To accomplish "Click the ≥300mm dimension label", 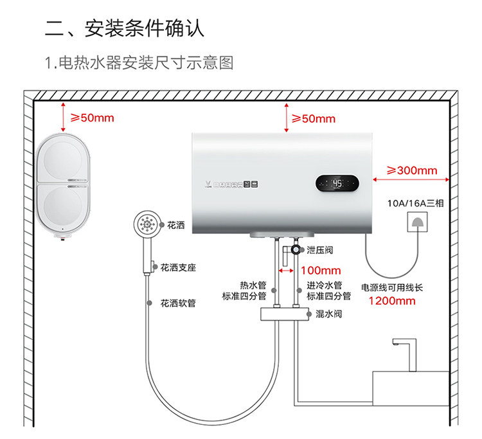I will tap(411, 170).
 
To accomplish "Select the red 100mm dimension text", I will tap(321, 271).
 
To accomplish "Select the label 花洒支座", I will tap(178, 266).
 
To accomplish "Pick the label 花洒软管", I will tap(178, 303).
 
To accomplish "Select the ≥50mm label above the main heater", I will tap(313, 118).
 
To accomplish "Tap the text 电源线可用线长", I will tap(393, 287).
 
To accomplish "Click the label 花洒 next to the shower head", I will tap(175, 226).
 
